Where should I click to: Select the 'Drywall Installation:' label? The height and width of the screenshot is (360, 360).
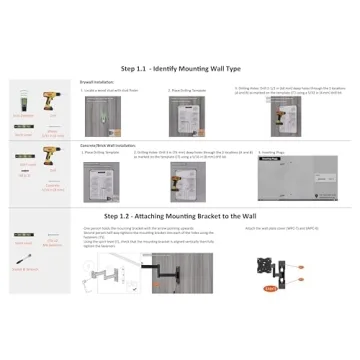(x=91, y=84)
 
